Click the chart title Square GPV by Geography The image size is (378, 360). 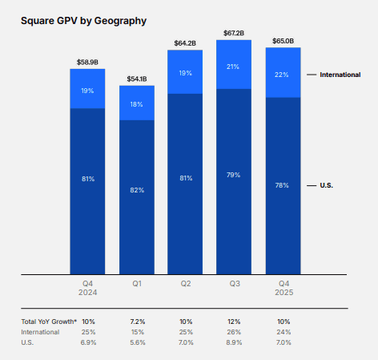[83, 20]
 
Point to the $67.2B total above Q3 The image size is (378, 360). [234, 33]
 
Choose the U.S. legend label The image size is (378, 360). [327, 185]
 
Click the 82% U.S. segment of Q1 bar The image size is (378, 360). [137, 190]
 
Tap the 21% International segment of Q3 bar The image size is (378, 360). [234, 65]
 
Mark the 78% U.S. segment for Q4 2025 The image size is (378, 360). [283, 185]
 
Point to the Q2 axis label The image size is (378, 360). [186, 283]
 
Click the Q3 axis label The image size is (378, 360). [234, 283]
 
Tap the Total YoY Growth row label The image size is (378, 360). [49, 322]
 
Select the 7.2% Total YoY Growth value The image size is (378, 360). [137, 322]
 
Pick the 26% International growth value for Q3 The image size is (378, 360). [234, 331]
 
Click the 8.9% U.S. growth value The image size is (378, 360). [234, 342]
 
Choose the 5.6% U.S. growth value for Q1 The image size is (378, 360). [137, 342]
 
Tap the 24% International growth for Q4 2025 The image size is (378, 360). [283, 331]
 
